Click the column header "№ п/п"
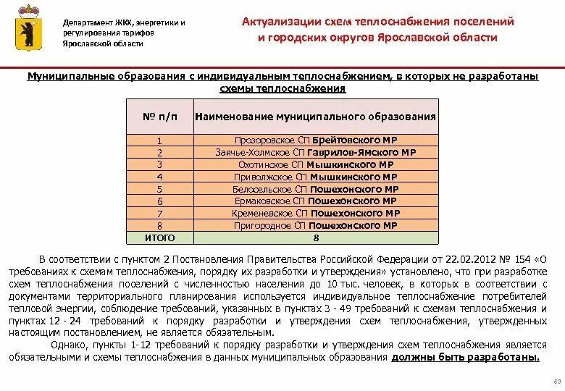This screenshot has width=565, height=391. point(159,116)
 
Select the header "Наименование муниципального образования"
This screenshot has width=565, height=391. point(316,116)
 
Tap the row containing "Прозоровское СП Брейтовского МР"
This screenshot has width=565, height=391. point(316,140)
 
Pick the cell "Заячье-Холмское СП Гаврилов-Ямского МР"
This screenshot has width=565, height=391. point(316,152)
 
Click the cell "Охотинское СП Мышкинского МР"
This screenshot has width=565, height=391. point(316,164)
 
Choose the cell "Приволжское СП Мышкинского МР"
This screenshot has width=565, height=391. point(316,177)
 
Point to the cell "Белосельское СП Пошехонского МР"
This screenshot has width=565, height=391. point(316,189)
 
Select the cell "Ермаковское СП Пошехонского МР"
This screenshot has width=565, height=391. point(316,201)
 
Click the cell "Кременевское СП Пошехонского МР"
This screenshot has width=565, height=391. point(316,213)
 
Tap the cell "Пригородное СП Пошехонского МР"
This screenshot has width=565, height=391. point(316,225)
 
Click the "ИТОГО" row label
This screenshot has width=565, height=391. point(159,237)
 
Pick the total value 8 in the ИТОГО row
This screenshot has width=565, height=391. point(316,237)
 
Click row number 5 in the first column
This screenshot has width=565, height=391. point(159,189)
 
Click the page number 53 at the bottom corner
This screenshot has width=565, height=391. point(557,382)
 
